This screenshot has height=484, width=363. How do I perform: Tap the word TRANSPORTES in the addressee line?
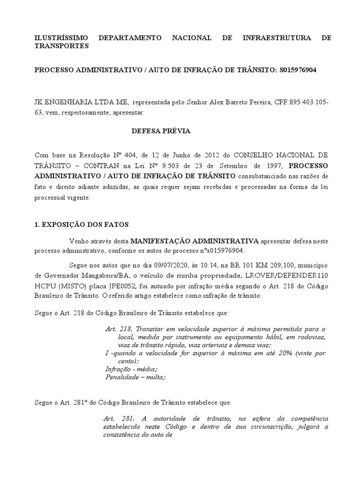tap(62, 46)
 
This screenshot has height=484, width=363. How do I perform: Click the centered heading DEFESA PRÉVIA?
tap(161, 131)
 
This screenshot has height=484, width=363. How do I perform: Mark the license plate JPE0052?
tap(123, 286)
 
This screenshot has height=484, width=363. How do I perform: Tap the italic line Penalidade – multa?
tap(135, 377)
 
